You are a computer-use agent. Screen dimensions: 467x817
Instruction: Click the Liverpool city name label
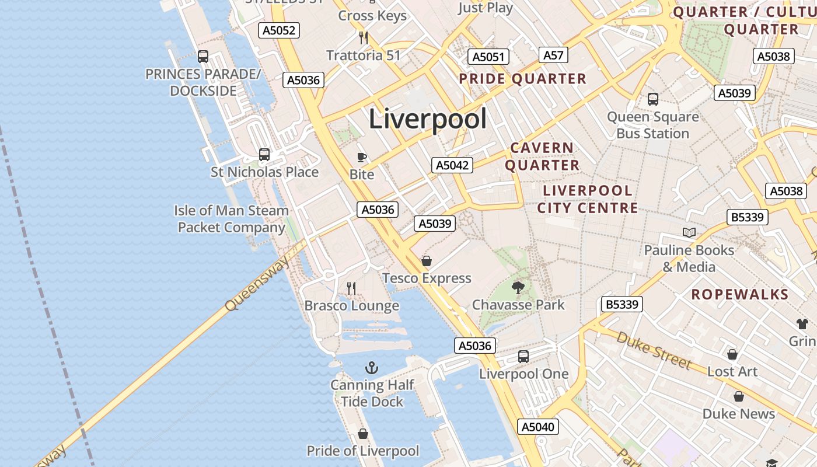pyautogui.click(x=428, y=119)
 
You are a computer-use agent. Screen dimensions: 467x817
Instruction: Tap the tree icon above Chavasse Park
pyautogui.click(x=518, y=287)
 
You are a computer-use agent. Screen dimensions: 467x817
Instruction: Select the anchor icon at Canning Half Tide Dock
pyautogui.click(x=372, y=368)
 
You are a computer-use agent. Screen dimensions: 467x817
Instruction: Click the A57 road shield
pyautogui.click(x=553, y=55)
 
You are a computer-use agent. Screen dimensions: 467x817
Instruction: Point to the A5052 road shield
pyautogui.click(x=279, y=30)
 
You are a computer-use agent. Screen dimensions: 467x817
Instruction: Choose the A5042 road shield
pyautogui.click(x=452, y=165)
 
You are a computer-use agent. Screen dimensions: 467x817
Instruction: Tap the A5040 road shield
pyautogui.click(x=537, y=427)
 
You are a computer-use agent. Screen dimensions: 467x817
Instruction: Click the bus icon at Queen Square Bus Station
pyautogui.click(x=653, y=99)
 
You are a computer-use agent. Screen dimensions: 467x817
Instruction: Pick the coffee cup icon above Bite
pyautogui.click(x=362, y=157)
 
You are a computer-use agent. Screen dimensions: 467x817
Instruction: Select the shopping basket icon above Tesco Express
pyautogui.click(x=427, y=261)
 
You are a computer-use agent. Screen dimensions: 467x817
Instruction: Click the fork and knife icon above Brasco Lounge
pyautogui.click(x=351, y=288)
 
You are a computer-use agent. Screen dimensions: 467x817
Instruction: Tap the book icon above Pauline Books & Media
pyautogui.click(x=689, y=233)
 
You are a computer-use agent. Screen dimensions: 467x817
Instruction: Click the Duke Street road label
pyautogui.click(x=653, y=350)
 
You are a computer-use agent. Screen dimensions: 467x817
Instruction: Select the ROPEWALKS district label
pyautogui.click(x=739, y=294)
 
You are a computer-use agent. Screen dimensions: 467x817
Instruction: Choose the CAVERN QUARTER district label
pyautogui.click(x=542, y=156)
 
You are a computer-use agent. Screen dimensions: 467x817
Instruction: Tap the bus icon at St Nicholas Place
pyautogui.click(x=264, y=155)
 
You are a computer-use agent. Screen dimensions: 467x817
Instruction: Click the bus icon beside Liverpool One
pyautogui.click(x=523, y=356)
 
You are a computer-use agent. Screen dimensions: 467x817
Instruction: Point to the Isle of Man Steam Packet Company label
pyautogui.click(x=232, y=219)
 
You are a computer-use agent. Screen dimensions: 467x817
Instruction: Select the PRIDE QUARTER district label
pyautogui.click(x=522, y=79)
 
